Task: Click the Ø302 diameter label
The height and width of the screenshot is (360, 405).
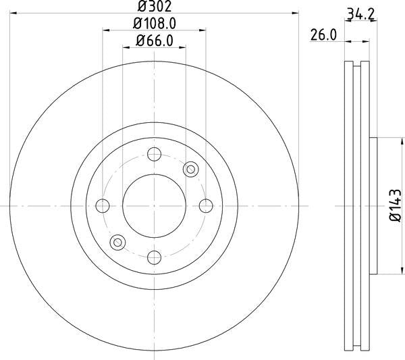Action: [x=153, y=7]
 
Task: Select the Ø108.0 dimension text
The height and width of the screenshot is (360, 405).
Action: [x=155, y=23]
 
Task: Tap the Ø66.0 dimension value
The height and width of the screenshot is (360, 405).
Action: [x=155, y=41]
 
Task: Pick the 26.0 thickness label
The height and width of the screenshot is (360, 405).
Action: [x=323, y=34]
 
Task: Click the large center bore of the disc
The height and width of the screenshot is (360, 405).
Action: [x=154, y=205]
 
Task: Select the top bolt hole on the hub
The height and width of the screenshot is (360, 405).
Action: [x=154, y=155]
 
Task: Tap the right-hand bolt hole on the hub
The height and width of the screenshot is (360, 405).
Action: [x=205, y=205]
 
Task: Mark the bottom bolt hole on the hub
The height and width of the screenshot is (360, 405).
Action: [x=154, y=257]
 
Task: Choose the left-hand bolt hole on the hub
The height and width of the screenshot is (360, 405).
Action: [x=103, y=205]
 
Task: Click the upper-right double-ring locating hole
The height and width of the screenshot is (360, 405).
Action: [x=190, y=169]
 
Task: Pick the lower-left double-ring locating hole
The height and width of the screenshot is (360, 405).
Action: [x=118, y=242]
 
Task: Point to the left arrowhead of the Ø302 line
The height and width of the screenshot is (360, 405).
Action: [x=14, y=11]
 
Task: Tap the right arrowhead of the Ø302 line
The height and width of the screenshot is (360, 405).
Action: [x=294, y=11]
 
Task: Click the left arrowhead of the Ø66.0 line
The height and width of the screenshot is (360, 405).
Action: [x=126, y=47]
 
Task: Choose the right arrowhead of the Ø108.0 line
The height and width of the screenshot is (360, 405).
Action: [x=202, y=29]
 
